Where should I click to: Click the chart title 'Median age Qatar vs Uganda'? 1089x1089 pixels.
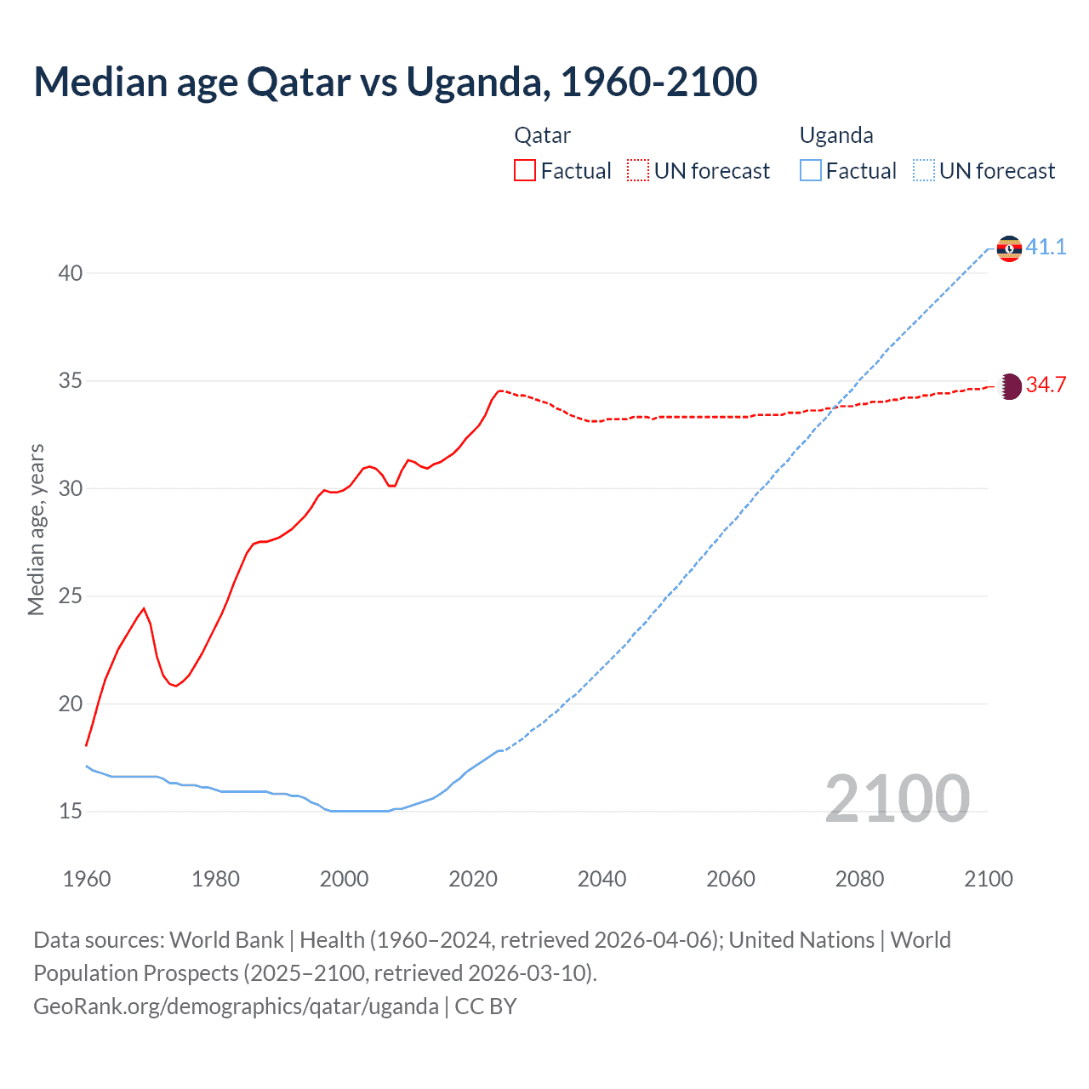pos(395,83)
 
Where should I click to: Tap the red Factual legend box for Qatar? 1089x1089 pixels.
pos(525,171)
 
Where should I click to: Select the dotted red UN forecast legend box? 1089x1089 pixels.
pos(638,171)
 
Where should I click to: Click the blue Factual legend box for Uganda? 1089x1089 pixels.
pos(810,171)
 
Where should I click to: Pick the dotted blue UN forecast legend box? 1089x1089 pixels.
pos(923,171)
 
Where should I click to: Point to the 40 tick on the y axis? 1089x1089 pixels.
pos(71,273)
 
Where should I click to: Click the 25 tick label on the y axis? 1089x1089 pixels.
pos(71,596)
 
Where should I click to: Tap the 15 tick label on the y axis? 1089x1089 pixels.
pos(71,812)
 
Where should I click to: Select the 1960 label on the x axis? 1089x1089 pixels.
pos(87,879)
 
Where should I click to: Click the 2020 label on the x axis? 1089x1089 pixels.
pos(473,879)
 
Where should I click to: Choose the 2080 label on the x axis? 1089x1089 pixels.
pos(859,879)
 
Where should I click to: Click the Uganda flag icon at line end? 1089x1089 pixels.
pos(1009,248)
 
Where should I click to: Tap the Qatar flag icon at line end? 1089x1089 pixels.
pos(1009,386)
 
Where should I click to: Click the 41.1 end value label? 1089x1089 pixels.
pos(1046,248)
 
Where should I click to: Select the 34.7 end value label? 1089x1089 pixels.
pos(1046,385)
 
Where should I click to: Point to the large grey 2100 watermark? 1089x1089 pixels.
pos(897,799)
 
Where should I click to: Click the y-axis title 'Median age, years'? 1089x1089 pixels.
pos(36,529)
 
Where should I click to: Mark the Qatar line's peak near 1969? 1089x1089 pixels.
pos(144,608)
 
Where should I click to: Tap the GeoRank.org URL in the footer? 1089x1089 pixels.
pos(236,1006)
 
